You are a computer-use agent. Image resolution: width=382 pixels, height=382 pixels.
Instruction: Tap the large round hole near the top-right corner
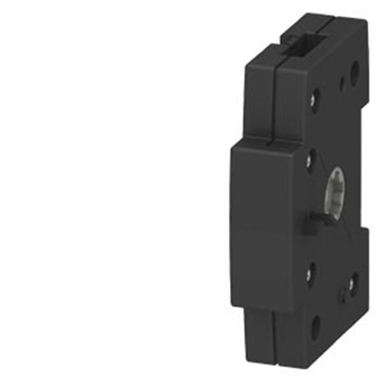point(354,69)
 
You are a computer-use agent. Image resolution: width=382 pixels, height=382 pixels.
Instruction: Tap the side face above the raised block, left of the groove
point(259,95)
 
